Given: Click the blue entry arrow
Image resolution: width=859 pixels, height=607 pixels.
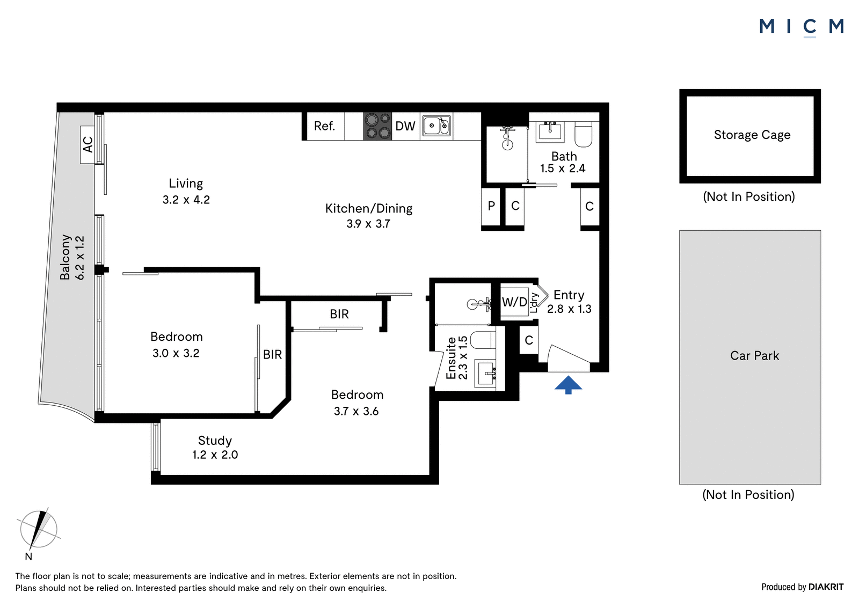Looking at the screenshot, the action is [568, 385].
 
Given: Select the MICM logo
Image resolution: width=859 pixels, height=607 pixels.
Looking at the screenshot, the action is [802, 27].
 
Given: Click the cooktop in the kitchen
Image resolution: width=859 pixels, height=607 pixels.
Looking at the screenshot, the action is [378, 126].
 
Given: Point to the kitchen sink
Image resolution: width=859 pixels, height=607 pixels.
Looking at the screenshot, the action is [436, 126].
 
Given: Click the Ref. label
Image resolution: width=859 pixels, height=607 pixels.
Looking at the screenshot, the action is [324, 126].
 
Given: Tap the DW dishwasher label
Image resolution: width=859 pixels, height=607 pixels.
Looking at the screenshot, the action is [405, 126].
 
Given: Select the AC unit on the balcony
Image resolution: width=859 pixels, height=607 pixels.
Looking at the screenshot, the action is [88, 145].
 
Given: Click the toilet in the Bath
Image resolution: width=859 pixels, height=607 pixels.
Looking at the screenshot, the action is [583, 134].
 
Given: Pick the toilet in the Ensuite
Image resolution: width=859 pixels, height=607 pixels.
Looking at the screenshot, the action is [483, 340].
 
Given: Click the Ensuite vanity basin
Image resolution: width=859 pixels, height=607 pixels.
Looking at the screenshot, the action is [485, 372].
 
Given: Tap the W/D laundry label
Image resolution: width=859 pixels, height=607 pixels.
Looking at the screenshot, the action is [515, 302].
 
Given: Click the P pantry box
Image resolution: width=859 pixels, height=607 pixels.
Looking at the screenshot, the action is [491, 207].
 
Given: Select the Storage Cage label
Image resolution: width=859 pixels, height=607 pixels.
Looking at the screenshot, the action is [752, 135].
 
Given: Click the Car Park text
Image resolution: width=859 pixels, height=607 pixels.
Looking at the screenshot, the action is [754, 356].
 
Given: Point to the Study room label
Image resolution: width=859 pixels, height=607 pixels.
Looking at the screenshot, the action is [215, 448].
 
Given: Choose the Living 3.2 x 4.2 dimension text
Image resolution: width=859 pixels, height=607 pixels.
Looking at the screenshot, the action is [186, 200].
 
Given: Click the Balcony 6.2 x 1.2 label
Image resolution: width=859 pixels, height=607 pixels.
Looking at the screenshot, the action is [72, 257].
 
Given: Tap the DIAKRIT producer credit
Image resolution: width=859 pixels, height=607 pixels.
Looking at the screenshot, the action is [826, 587].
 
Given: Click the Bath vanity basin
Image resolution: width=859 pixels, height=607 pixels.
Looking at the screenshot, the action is [551, 132].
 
